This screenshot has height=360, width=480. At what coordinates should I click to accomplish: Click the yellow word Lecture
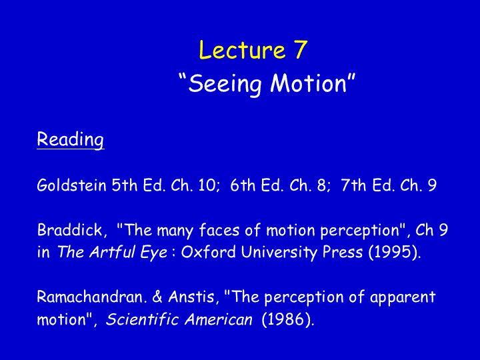pos(242,49)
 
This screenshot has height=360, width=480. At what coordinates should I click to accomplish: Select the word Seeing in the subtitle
pos(225,84)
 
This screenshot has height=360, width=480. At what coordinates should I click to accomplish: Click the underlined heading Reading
pos(71,139)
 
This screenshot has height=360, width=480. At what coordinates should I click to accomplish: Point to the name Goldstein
pos(71,185)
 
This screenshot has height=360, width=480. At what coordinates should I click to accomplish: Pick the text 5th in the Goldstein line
pos(124,185)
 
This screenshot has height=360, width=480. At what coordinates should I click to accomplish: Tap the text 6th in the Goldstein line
pos(243,185)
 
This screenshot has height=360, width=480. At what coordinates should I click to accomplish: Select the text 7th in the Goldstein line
pos(353,185)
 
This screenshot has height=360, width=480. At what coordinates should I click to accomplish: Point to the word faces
pos(219,229)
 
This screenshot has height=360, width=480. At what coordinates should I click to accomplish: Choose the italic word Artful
pos(113,252)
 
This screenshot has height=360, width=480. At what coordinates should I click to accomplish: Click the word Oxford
pos(209,252)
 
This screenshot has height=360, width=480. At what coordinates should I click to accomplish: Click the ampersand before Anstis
pos(157,297)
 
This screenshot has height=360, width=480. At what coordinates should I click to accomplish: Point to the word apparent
pos(403,297)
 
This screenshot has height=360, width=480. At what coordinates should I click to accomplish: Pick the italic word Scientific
pos(142,319)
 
